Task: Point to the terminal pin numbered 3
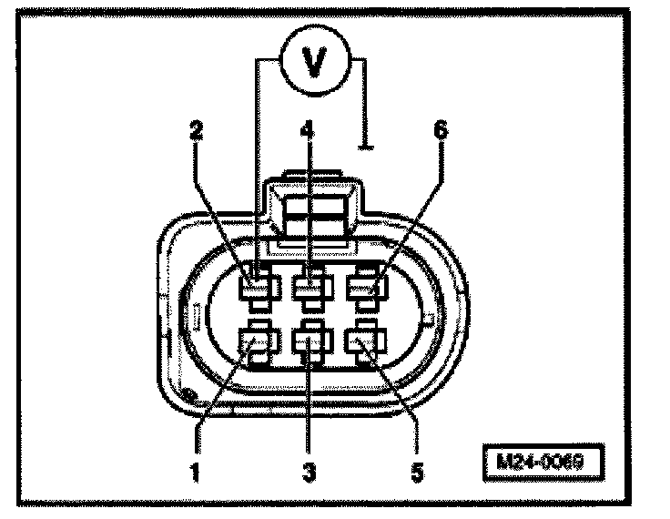coord(310,343)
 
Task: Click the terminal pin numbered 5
coord(366,343)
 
